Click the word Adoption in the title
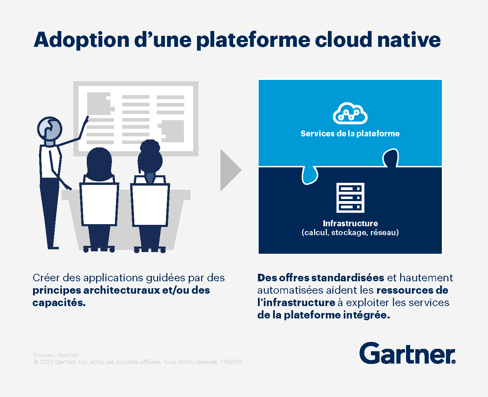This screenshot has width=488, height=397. click(82, 40)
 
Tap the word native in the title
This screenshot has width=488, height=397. click(409, 40)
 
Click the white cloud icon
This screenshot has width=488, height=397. click(350, 113)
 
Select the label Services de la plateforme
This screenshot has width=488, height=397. click(350, 134)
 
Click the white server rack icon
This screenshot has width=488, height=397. click(350, 198)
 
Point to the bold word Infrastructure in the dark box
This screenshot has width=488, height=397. click(350, 223)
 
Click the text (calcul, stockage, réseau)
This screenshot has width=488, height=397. click(350, 233)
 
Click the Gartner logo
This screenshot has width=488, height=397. click(407, 353)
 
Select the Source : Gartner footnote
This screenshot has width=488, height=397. click(56, 355)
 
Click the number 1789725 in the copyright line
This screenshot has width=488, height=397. click(231, 362)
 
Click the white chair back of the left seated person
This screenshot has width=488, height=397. click(99, 204)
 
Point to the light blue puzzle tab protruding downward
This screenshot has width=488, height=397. click(310, 175)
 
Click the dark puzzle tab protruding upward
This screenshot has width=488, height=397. click(391, 158)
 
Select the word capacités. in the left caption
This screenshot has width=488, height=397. click(59, 303)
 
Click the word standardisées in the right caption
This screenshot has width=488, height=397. click(347, 278)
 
